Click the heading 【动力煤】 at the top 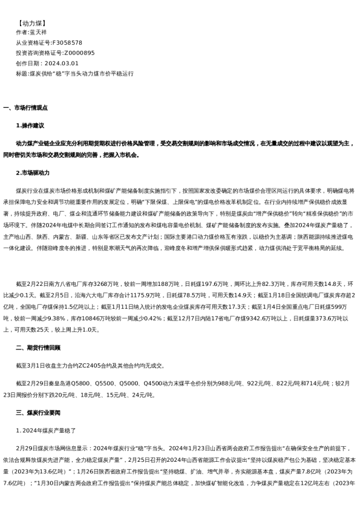click(x=32, y=22)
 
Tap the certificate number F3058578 click(x=67, y=42)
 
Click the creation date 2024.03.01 click(x=61, y=63)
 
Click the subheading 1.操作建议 click(x=30, y=126)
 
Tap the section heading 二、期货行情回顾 click(x=38, y=348)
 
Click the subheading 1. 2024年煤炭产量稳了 click(x=46, y=430)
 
